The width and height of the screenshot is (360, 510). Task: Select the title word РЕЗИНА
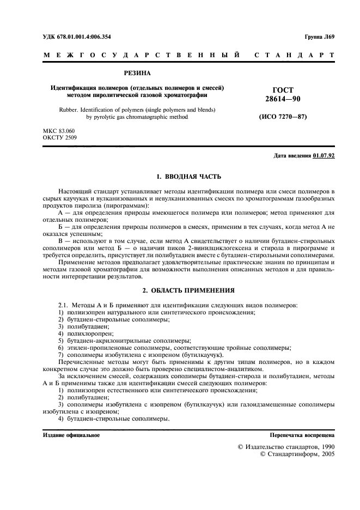137,73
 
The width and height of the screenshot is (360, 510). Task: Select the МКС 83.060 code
59,131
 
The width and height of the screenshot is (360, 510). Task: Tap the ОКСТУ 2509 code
59,138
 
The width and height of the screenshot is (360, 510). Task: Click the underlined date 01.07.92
324,156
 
